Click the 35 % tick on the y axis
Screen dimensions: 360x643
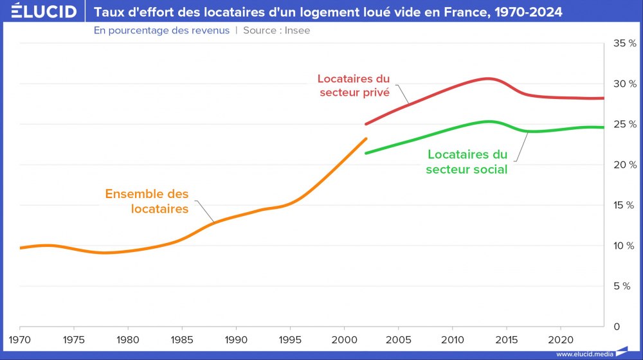(624, 43)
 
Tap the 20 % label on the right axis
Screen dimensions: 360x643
(624, 165)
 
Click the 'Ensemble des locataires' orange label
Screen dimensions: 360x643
(147, 201)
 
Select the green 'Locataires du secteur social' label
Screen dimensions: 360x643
(467, 162)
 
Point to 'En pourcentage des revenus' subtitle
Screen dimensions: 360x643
(161, 30)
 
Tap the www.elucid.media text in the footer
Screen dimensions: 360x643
(585, 354)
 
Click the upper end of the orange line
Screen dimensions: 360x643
(366, 138)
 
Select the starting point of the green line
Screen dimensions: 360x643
(366, 153)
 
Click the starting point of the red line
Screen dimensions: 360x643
(366, 124)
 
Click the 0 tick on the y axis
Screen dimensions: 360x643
(617, 327)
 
